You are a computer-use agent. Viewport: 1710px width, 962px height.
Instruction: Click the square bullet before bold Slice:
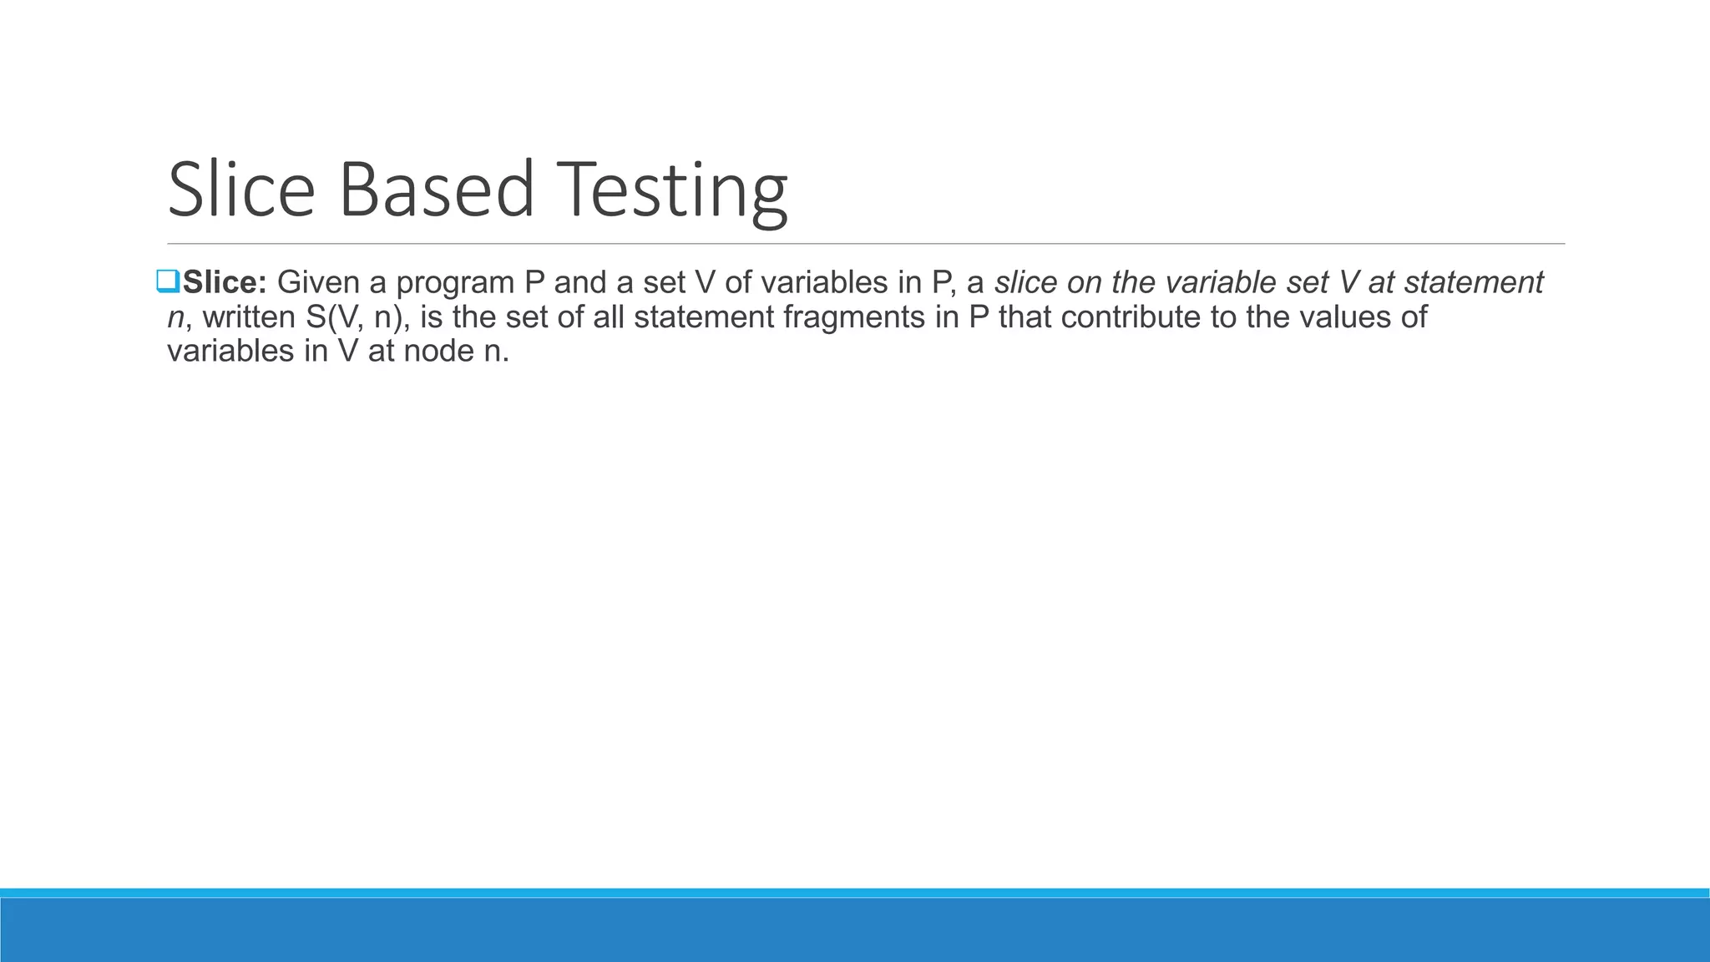(167, 282)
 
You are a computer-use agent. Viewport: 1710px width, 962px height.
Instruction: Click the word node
(438, 352)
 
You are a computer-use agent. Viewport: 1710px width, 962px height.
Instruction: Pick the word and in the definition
(580, 283)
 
